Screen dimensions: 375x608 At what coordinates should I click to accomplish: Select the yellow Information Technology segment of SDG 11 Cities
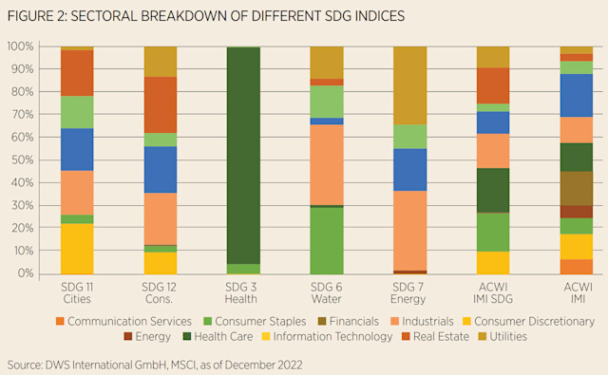(x=77, y=249)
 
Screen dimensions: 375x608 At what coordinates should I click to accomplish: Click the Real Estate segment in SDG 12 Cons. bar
(x=161, y=104)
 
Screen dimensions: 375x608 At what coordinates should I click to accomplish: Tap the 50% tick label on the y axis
(x=20, y=159)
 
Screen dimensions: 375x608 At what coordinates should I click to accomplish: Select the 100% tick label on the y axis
(x=18, y=46)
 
